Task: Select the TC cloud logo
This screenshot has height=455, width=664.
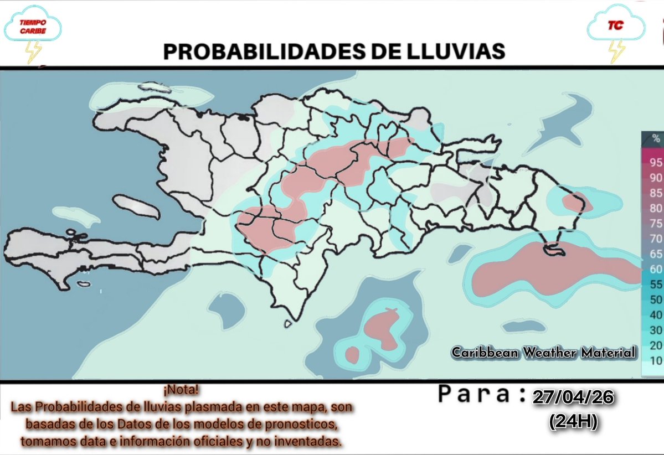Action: click(x=615, y=25)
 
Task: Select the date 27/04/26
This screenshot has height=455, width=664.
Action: click(x=572, y=397)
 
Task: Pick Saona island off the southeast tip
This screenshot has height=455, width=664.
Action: click(x=554, y=251)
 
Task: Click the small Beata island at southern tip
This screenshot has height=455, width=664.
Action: click(x=287, y=324)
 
